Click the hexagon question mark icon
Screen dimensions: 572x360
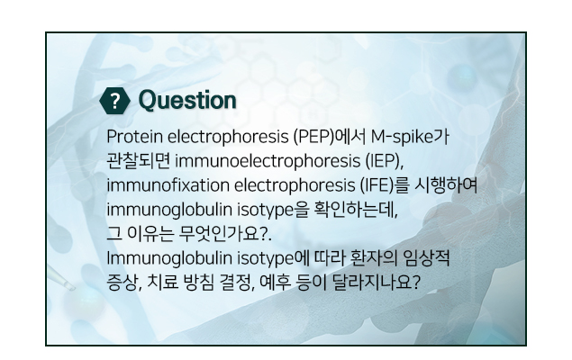pyautogui.click(x=115, y=101)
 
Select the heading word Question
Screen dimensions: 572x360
pyautogui.click(x=187, y=100)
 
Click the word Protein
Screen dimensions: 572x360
pyautogui.click(x=134, y=137)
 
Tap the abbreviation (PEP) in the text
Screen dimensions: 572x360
pyautogui.click(x=313, y=137)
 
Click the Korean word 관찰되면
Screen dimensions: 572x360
pyautogui.click(x=138, y=161)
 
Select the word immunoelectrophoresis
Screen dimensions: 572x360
pyautogui.click(x=268, y=161)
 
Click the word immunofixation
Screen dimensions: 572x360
pyautogui.click(x=168, y=185)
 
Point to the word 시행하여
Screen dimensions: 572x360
pyautogui.click(x=446, y=185)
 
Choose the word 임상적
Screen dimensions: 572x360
pyautogui.click(x=426, y=258)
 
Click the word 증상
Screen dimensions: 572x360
pyautogui.click(x=122, y=283)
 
